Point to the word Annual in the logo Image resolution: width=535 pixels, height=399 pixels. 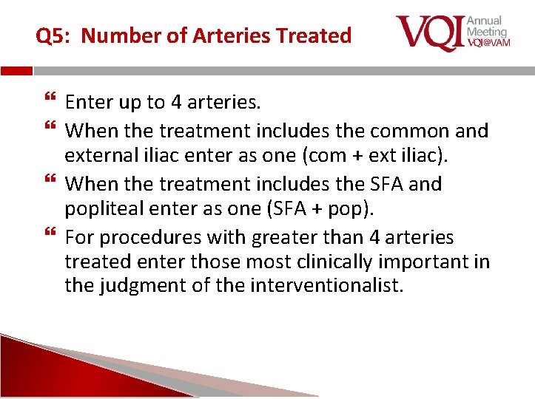484,21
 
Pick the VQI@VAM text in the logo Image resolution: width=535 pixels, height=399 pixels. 487,44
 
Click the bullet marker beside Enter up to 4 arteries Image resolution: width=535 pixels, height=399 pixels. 50,101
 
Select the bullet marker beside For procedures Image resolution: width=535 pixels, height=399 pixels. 50,235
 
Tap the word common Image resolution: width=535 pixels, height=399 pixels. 408,131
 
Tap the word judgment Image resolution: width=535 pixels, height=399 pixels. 141,286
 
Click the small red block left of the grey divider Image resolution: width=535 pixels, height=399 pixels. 16,71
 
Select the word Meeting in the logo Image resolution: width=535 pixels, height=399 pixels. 487,32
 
